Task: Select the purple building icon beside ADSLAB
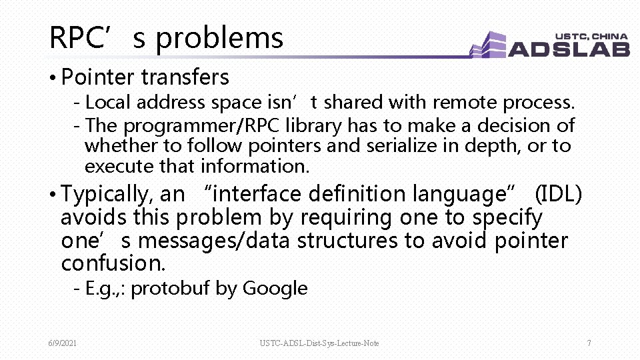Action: [489, 45]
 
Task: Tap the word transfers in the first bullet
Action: [185, 77]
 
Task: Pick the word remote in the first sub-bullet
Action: [465, 103]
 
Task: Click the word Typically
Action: [107, 195]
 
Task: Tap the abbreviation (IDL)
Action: [559, 194]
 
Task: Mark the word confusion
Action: [113, 263]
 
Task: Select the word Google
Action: [275, 289]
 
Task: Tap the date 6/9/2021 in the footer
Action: [62, 343]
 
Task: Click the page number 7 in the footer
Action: [589, 343]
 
